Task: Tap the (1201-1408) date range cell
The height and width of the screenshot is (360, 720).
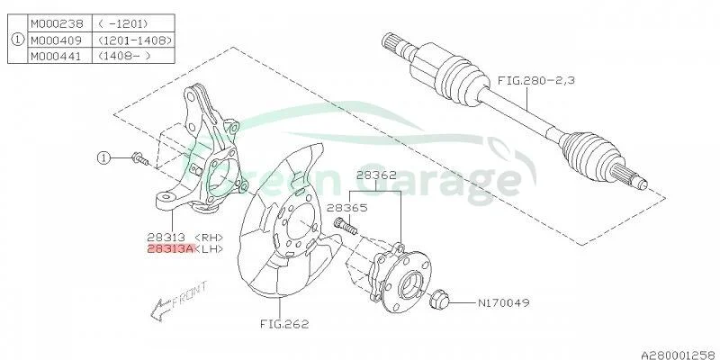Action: (134, 40)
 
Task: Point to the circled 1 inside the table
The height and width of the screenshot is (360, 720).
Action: (17, 40)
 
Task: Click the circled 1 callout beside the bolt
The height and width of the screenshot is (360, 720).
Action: (103, 158)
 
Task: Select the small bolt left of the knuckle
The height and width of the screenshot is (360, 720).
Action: (140, 159)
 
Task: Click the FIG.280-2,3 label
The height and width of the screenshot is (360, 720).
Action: (536, 80)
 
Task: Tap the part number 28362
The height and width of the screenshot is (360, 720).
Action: (377, 175)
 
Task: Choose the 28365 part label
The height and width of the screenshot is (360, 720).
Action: (347, 208)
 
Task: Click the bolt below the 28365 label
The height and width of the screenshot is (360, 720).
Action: (346, 226)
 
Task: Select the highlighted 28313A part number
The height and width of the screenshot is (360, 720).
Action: (171, 249)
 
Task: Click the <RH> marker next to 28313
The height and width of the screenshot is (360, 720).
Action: (209, 238)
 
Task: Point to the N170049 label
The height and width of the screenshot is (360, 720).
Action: (503, 302)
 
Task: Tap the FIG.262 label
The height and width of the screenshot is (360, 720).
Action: (284, 324)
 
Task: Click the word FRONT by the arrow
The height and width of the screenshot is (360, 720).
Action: (189, 295)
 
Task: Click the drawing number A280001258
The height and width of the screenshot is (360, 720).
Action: (679, 354)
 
